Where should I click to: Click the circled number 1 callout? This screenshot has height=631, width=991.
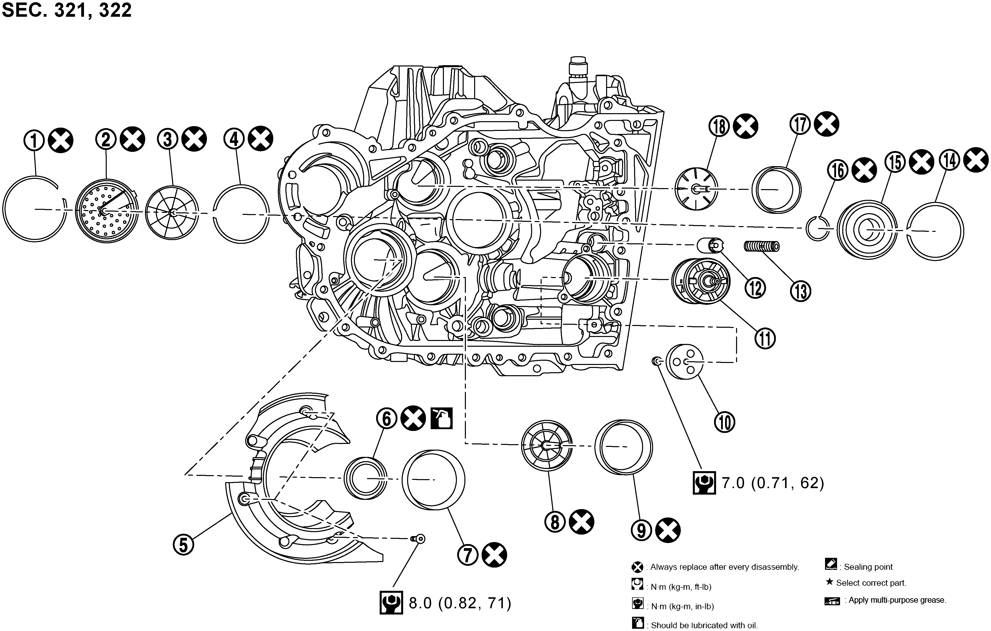coord(34,141)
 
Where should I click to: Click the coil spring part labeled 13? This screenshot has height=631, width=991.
coord(762,246)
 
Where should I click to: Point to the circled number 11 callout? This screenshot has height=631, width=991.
coord(765,338)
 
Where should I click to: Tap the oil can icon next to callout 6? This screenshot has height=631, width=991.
coord(442,418)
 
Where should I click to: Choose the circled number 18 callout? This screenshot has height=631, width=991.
coord(719,126)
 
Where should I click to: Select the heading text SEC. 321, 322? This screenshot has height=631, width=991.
coord(67,10)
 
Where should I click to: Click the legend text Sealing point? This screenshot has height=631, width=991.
coord(868,567)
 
